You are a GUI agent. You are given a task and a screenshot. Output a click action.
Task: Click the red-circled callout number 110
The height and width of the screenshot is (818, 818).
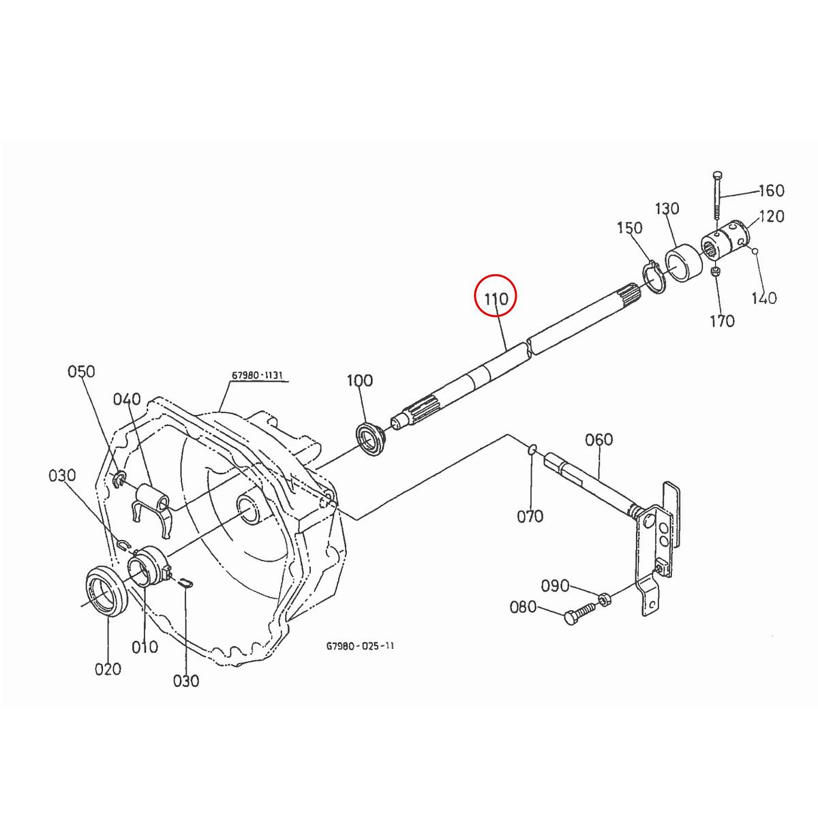496,299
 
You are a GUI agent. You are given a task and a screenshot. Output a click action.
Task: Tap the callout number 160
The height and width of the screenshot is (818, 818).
771,190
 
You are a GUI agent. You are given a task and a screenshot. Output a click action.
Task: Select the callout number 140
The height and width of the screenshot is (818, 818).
763,298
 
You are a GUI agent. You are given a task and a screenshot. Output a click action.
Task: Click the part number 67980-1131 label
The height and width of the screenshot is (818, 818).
257,376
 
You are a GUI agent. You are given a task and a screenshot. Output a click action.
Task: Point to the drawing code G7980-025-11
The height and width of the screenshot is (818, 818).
359,643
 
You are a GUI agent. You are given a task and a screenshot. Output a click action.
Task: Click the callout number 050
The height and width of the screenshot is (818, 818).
81,372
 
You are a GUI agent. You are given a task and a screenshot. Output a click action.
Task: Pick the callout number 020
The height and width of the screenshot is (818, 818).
108,669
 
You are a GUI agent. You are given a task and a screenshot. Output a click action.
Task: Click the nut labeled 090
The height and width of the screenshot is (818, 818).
604,599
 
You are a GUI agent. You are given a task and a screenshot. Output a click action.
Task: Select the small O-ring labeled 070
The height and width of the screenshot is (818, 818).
533,449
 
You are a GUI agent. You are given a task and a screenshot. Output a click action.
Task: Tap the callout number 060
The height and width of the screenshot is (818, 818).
599,440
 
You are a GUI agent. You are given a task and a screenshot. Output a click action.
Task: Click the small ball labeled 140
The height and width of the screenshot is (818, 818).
756,252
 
